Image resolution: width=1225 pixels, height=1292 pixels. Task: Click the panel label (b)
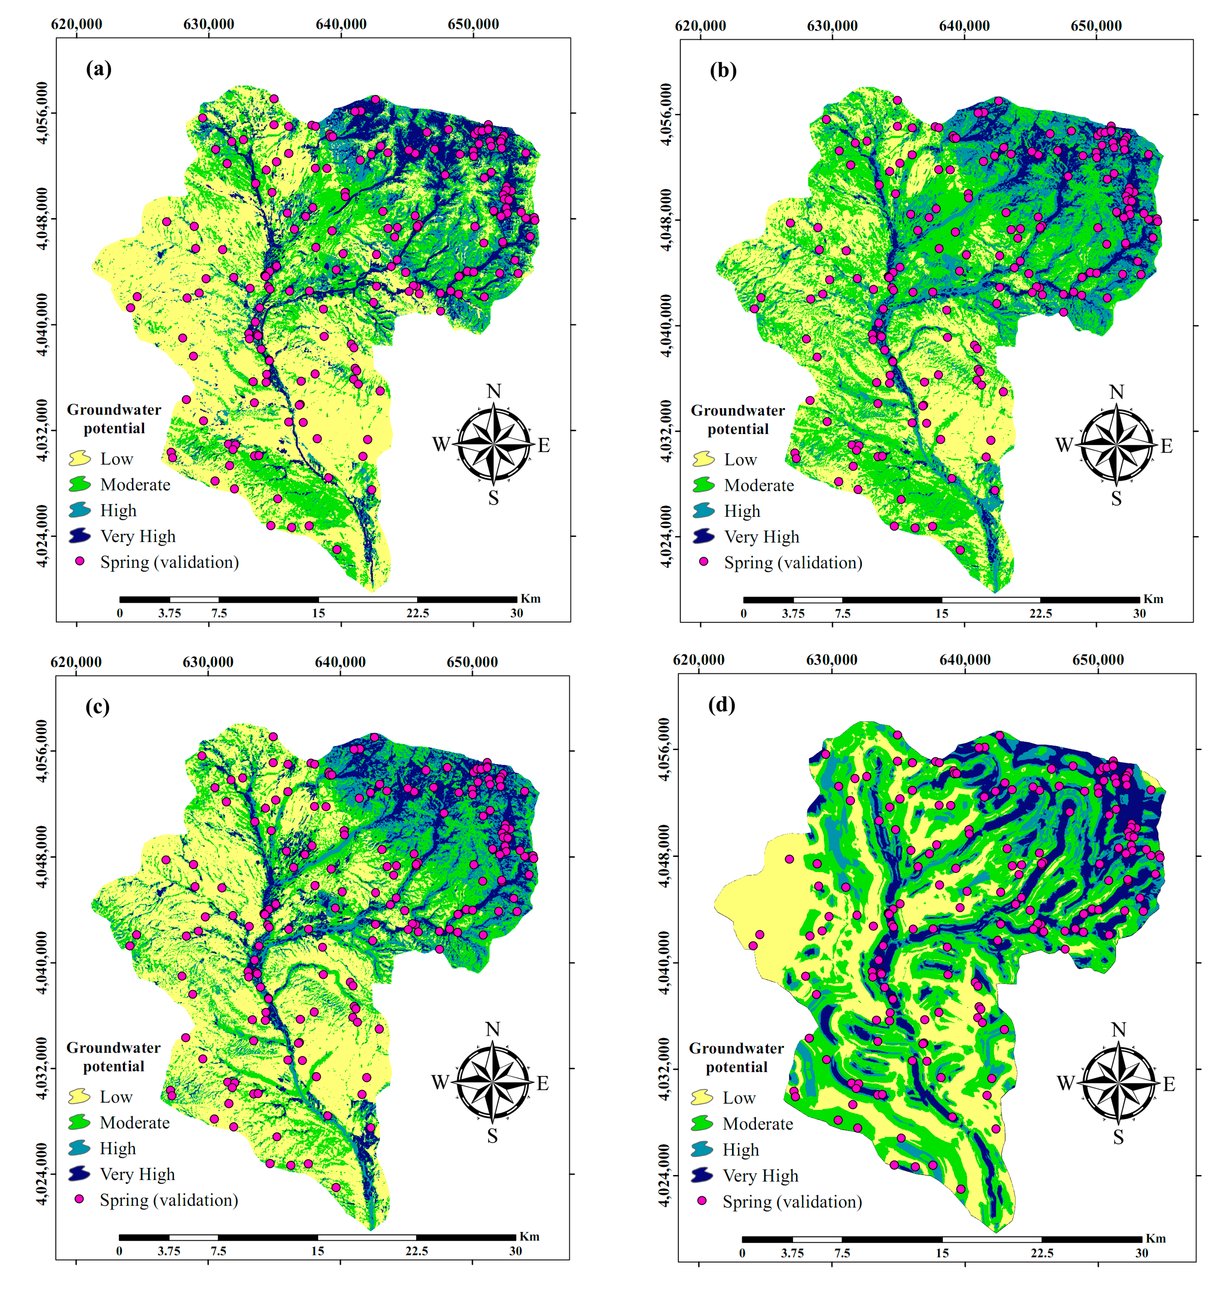point(723,70)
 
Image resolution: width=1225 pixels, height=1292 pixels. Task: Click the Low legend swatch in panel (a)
point(80,458)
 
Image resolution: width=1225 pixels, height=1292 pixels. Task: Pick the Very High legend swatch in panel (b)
point(703,536)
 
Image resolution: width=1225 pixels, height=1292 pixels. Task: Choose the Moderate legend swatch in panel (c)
point(79,1122)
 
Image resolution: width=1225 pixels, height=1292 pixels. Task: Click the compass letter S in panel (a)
point(494,498)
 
